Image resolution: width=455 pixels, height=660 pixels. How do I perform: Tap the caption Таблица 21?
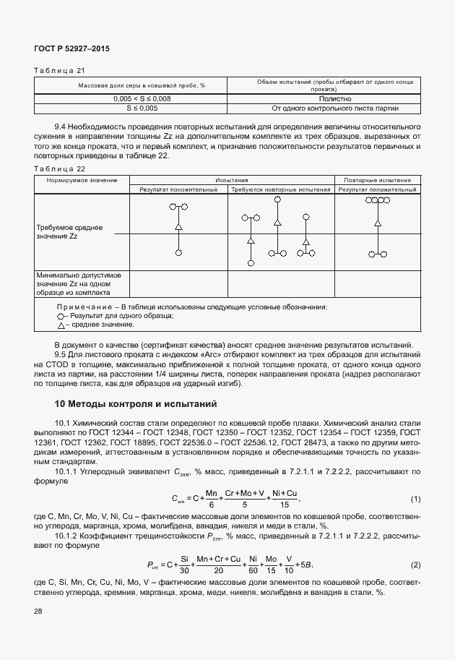click(60, 70)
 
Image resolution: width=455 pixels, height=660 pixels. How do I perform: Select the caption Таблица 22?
click(60, 168)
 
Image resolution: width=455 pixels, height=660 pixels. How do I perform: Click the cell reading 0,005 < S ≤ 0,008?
click(142, 98)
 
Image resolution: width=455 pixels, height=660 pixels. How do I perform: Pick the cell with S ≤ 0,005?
click(142, 108)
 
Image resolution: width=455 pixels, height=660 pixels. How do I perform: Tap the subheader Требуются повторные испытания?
click(280, 189)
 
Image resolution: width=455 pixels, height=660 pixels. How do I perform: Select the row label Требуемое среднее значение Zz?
click(69, 232)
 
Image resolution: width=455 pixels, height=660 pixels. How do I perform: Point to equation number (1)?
click(415, 500)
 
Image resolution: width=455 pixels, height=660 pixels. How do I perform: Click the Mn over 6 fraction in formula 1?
click(212, 499)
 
